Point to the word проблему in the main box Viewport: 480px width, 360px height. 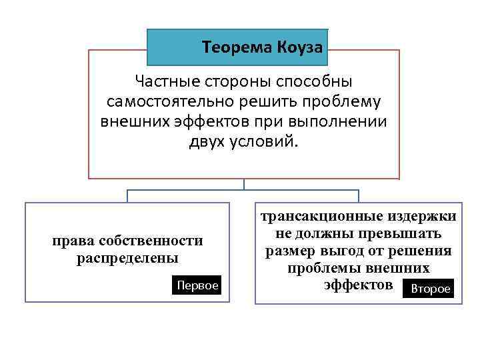coord(347,103)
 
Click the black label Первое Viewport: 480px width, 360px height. coord(197,285)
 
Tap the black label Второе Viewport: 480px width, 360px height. coord(430,289)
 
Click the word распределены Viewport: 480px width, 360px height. coord(127,257)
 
